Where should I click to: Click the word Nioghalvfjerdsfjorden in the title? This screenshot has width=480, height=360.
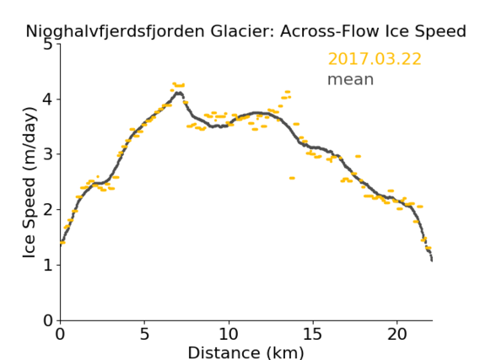point(115,32)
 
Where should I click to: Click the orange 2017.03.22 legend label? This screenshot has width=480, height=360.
point(375,59)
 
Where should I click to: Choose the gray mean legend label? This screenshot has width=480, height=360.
point(351,79)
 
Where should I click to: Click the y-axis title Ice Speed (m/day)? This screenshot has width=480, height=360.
point(30,183)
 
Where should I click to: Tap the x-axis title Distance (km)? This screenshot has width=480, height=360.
point(245,352)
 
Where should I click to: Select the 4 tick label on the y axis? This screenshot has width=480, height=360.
point(48,99)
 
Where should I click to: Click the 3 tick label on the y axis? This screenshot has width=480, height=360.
point(48,154)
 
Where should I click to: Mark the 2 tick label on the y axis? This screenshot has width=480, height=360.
point(48,210)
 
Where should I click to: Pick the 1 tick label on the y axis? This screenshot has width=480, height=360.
point(48,266)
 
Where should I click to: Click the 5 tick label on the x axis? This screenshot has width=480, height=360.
point(144,334)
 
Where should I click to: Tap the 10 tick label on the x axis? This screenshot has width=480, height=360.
point(229,334)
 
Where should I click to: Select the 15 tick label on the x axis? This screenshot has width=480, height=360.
point(313,334)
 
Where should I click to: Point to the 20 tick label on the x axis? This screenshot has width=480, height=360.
point(396,334)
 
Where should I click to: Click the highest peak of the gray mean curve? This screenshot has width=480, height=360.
point(179,93)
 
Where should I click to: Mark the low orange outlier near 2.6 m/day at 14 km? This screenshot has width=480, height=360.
point(292,178)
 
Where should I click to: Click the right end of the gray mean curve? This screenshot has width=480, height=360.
point(432,261)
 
